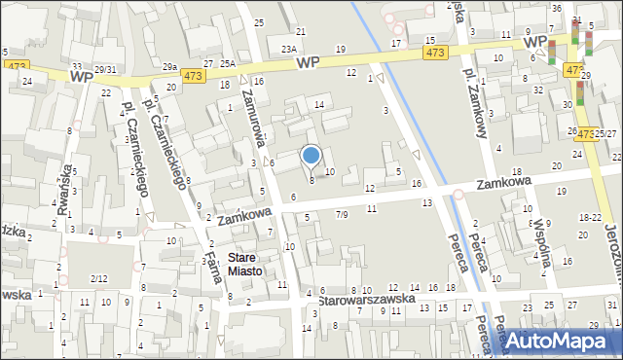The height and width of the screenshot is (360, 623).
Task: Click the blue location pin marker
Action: point(311,156)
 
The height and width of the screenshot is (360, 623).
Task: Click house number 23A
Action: point(289,48)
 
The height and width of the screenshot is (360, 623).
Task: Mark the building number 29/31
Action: point(105,69)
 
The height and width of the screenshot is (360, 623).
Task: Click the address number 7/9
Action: point(342,213)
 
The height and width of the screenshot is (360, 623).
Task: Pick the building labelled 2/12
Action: point(98,279)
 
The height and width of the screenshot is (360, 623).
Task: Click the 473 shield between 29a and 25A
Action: point(193,75)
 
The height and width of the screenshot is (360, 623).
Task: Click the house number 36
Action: point(556,8)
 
